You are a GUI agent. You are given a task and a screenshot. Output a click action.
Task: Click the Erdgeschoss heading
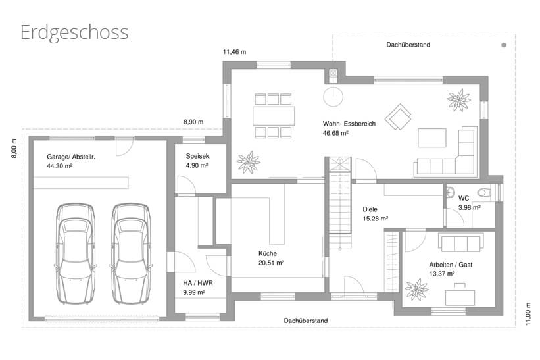click(x=74, y=33)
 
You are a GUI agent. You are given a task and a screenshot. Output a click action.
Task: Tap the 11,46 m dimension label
click(x=235, y=52)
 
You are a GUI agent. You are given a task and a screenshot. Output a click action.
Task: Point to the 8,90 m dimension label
click(x=193, y=122)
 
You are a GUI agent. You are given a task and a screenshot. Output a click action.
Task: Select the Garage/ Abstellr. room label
click(x=71, y=157)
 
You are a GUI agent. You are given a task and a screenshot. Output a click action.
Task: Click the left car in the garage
click(x=76, y=253)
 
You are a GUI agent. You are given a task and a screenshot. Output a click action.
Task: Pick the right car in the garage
click(x=131, y=253)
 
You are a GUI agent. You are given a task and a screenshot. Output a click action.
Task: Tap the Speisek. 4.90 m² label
click(x=198, y=161)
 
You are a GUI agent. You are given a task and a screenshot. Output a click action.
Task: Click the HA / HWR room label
click(x=198, y=283)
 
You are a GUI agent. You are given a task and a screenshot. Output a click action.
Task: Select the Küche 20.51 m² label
click(x=271, y=258)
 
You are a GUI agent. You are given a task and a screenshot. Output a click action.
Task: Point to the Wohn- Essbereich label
click(x=349, y=124)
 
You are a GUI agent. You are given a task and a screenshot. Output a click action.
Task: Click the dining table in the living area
click(x=274, y=116)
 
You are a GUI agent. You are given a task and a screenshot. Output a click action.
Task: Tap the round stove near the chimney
click(x=333, y=97)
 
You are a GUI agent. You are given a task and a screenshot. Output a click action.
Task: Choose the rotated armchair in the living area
click(x=398, y=116)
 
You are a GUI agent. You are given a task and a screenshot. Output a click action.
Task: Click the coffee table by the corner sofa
click(x=432, y=138)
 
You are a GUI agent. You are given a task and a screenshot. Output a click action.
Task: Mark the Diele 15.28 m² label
click(x=376, y=214)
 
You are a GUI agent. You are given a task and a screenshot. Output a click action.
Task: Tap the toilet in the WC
click(x=485, y=192)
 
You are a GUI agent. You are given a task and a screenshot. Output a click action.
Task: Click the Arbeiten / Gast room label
click(x=451, y=265)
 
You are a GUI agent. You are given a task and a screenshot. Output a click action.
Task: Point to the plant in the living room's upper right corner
click(x=458, y=100)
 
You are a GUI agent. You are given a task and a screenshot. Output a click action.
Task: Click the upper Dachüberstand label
click(x=408, y=45)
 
